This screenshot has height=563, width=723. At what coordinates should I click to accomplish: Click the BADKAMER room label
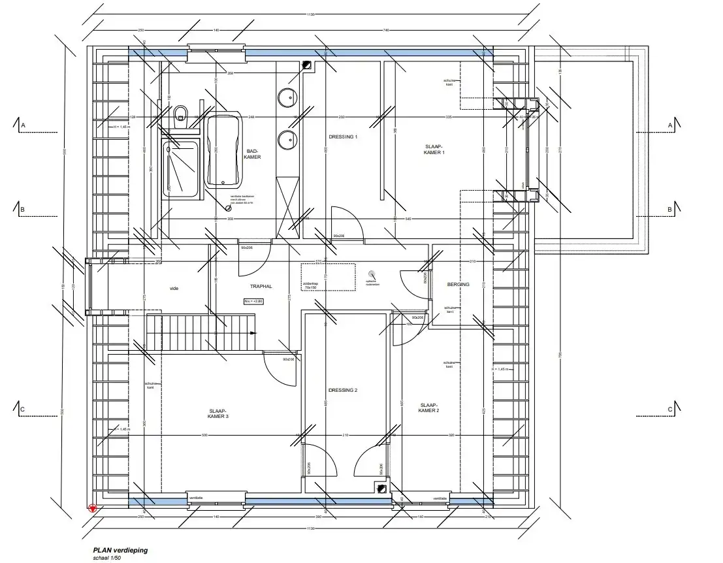click(x=252, y=154)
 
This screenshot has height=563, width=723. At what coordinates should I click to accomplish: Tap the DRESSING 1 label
click(x=343, y=137)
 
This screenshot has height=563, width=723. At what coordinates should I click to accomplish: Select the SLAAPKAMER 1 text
click(x=434, y=150)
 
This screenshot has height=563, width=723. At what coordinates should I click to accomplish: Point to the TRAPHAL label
click(x=260, y=287)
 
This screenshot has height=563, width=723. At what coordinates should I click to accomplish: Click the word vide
click(x=174, y=288)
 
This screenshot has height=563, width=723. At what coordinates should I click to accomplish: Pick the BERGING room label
click(x=458, y=285)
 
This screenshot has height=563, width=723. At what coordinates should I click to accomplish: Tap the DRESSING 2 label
click(x=343, y=390)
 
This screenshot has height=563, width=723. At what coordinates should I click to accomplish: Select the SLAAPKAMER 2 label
click(x=428, y=408)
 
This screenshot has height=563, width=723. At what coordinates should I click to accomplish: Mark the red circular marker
click(x=92, y=508)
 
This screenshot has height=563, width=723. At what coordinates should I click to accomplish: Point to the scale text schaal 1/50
click(x=108, y=558)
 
